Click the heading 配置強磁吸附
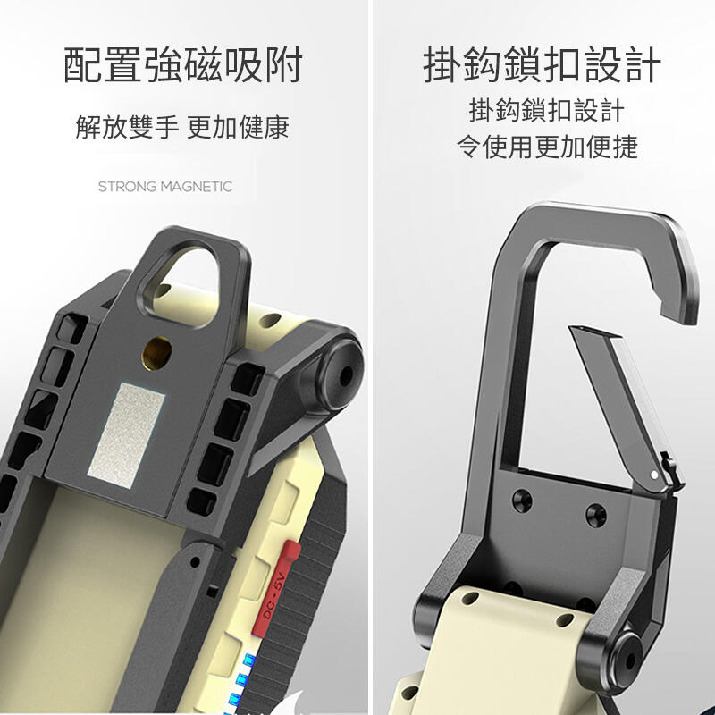(183, 67)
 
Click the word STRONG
(128, 187)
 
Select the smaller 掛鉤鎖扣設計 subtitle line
(546, 112)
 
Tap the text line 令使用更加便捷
(546, 146)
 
